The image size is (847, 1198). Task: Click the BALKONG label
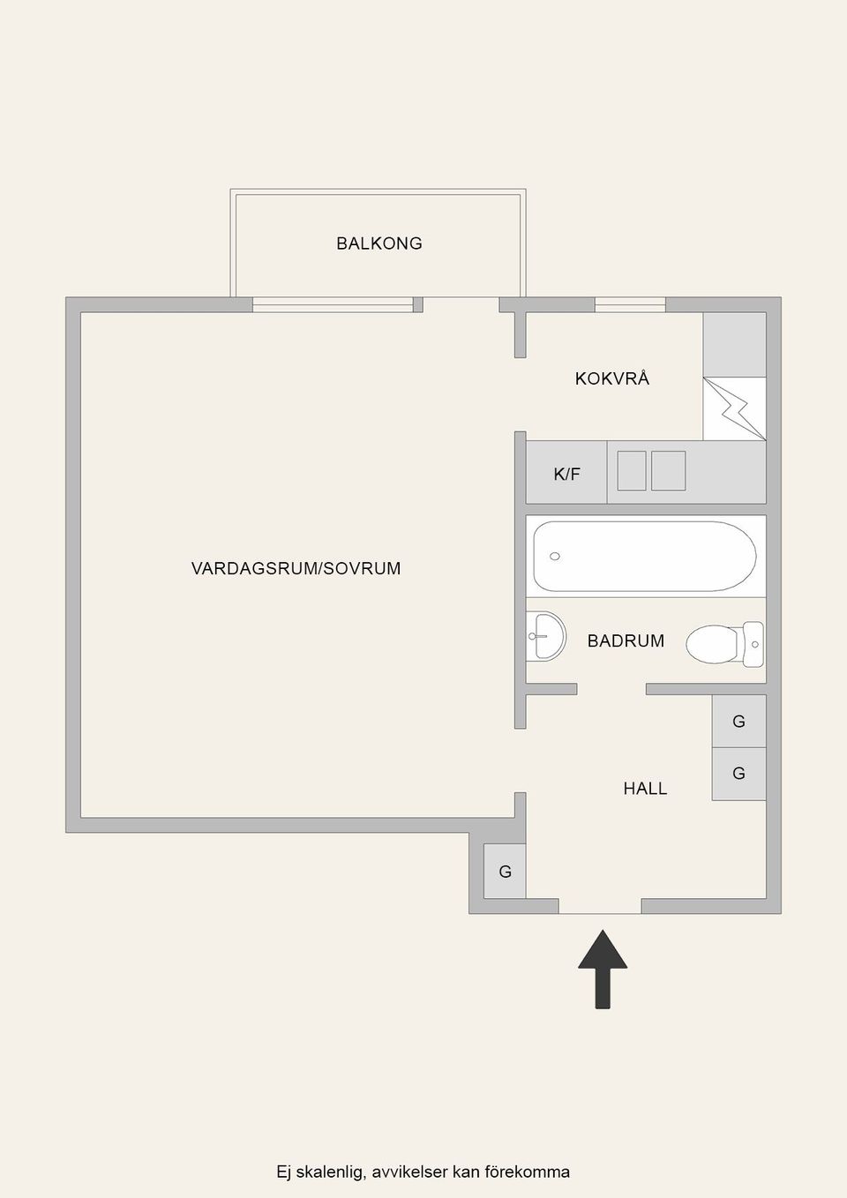(379, 243)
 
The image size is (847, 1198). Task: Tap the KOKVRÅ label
(612, 378)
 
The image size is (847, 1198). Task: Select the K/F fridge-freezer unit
(566, 474)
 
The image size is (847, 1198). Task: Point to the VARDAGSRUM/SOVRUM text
(296, 569)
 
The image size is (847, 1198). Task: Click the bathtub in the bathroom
(645, 557)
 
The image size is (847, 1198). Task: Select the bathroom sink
(547, 635)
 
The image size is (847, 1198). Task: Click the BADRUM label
(626, 641)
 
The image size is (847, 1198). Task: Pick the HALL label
(645, 789)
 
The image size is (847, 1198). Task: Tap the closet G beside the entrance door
(505, 872)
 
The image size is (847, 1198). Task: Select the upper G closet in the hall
(738, 722)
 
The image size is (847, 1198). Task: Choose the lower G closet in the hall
(738, 774)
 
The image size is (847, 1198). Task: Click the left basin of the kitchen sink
(632, 470)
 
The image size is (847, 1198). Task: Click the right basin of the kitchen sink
(668, 470)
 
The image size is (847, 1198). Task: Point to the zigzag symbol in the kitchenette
(735, 409)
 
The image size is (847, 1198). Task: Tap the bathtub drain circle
(555, 557)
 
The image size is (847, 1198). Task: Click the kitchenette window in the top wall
(630, 305)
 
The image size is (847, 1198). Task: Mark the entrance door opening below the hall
(600, 907)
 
